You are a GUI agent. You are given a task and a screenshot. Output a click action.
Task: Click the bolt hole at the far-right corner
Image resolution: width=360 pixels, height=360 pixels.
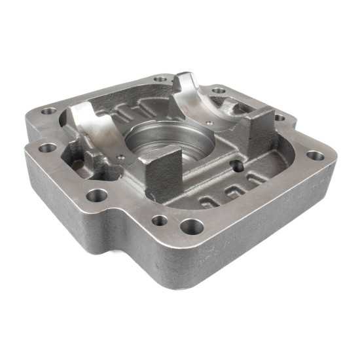click(315, 156)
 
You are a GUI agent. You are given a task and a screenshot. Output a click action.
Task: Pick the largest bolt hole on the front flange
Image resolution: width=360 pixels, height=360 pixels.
click(192, 227)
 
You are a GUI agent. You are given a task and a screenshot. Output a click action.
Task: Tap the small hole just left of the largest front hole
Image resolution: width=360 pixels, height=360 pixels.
click(160, 221)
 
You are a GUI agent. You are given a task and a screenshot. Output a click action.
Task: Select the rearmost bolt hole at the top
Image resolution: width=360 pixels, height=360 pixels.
click(160, 79)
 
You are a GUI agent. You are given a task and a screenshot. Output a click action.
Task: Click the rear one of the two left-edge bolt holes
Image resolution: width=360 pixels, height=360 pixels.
click(48, 111)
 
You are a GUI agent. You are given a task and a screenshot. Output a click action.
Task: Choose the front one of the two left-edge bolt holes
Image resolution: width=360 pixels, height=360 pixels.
click(46, 148)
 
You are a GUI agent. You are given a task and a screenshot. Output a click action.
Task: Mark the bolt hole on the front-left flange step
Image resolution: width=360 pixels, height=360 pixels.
click(97, 194)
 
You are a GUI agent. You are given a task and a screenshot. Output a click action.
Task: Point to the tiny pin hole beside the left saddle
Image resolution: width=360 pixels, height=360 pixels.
click(122, 156)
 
